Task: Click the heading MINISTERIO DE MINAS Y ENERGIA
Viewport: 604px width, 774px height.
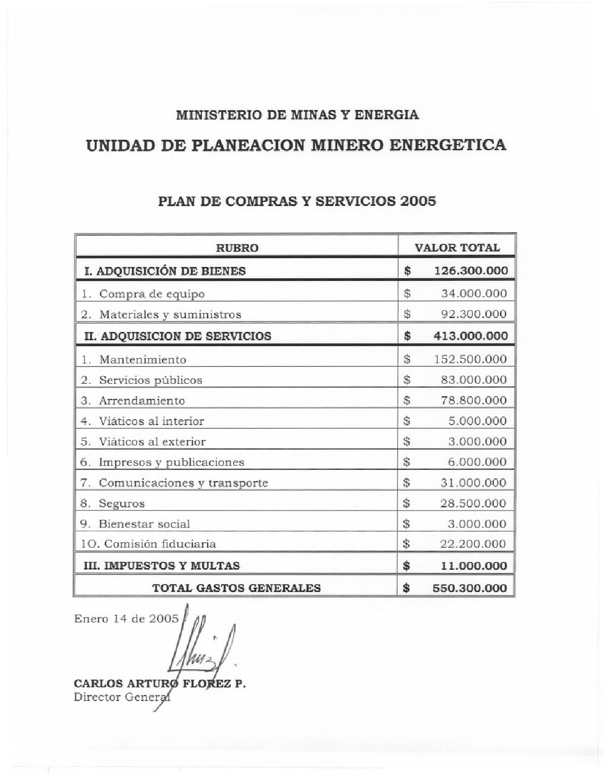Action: coord(297,115)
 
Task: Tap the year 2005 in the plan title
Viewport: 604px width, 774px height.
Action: coord(418,201)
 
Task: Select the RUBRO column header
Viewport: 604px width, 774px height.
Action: coord(237,248)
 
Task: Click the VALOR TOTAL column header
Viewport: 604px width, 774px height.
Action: coord(457,248)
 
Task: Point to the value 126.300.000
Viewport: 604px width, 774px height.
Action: coord(471,271)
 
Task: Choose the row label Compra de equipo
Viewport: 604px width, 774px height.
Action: coord(152,294)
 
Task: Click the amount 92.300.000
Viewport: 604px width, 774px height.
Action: coord(474,314)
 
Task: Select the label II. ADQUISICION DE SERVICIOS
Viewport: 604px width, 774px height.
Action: coord(178,336)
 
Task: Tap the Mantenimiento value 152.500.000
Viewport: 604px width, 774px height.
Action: coord(470,359)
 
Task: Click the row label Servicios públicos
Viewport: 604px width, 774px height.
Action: coord(150,380)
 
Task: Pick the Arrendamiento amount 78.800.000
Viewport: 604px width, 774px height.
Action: coord(474,401)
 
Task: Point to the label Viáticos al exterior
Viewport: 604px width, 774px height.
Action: coord(152,441)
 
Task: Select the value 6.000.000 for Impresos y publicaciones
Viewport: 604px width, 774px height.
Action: coord(477,462)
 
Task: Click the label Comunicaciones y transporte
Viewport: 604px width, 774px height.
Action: coord(183,483)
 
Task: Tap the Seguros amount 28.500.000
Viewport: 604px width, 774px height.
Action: coord(474,503)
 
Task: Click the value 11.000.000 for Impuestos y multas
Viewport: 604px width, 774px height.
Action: coord(474,566)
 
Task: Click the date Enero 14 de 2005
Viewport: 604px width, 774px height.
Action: coord(126,618)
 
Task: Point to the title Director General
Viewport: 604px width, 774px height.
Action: coord(121,698)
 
